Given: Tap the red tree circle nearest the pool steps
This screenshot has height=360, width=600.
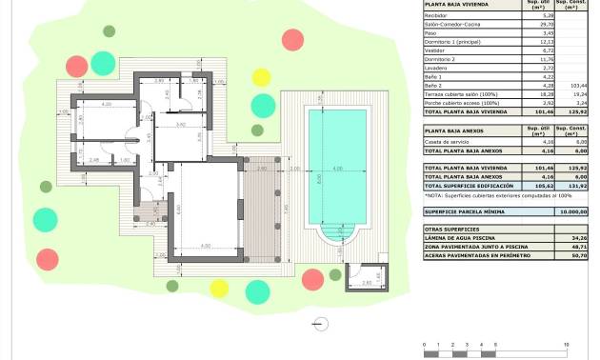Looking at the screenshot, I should click(312, 279).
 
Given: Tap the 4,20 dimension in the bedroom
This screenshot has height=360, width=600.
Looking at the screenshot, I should click(107, 104).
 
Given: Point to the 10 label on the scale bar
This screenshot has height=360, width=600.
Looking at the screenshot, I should click(567, 343).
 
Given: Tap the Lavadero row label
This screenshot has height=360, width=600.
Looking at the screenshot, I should click(436, 69).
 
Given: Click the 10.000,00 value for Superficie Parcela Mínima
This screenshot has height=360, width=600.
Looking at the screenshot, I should click(575, 211).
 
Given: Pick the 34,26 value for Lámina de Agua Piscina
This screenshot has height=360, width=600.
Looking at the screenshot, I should click(575, 237).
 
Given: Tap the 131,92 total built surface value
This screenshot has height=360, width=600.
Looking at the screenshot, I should click(575, 186).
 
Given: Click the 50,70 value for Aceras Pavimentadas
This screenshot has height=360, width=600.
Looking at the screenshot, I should click(575, 254).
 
